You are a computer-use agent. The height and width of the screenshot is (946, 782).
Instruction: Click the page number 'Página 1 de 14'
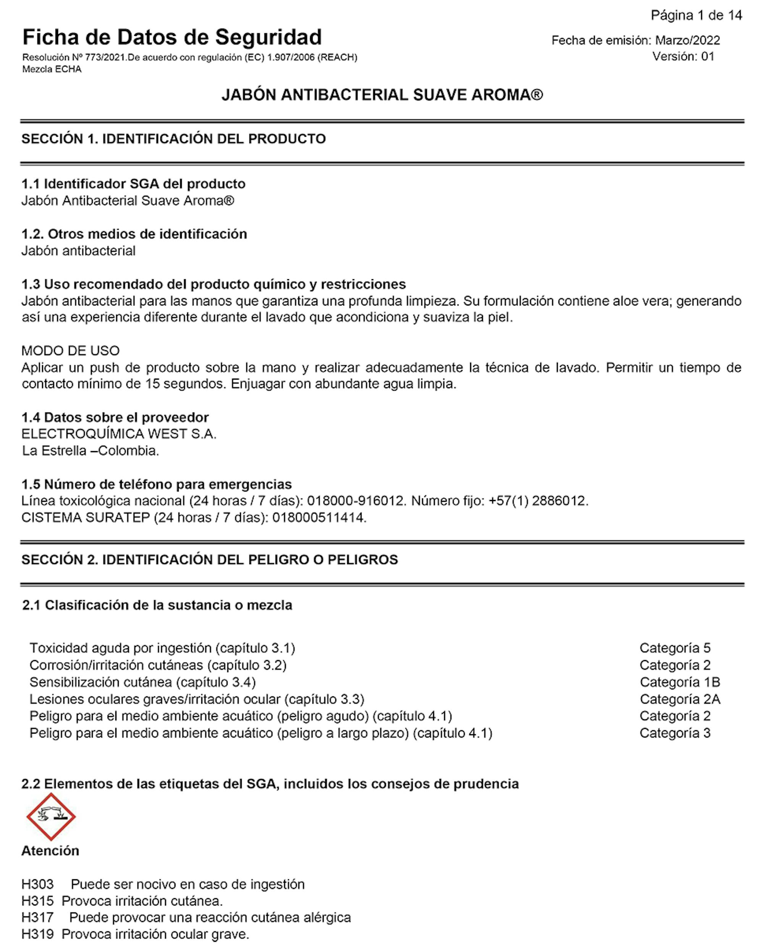696,16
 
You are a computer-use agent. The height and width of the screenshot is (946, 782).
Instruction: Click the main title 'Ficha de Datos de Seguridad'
172,37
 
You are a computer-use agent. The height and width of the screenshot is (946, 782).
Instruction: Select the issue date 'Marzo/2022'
687,40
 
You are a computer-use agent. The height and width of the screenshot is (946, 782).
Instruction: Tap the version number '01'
707,57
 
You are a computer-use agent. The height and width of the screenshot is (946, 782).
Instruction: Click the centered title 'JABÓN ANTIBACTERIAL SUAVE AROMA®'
382,95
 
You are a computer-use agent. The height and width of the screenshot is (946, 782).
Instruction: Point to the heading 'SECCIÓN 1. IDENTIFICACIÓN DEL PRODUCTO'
173,139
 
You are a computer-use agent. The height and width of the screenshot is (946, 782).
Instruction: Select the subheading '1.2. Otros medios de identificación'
134,234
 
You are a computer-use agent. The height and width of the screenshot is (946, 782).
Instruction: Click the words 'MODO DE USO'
71,351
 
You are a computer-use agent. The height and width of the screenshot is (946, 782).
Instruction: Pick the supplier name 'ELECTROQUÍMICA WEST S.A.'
119,434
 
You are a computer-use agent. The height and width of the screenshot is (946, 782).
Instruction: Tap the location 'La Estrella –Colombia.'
90,451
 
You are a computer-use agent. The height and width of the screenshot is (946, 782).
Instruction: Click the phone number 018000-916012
355,501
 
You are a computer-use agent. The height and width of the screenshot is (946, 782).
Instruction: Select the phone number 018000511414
319,517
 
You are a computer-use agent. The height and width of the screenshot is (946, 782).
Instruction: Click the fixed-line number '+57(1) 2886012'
538,501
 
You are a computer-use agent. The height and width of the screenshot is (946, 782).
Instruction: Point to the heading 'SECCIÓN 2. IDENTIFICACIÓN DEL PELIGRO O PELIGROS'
210,560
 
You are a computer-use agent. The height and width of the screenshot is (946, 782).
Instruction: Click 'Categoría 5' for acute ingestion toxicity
675,648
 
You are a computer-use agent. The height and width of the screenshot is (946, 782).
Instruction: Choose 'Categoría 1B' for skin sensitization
680,682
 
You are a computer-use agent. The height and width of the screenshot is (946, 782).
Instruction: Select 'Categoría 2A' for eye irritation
680,700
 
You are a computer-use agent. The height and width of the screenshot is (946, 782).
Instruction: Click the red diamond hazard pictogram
51,817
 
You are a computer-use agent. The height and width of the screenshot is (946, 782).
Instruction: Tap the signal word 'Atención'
50,851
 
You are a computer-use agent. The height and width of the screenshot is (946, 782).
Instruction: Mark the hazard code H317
37,918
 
